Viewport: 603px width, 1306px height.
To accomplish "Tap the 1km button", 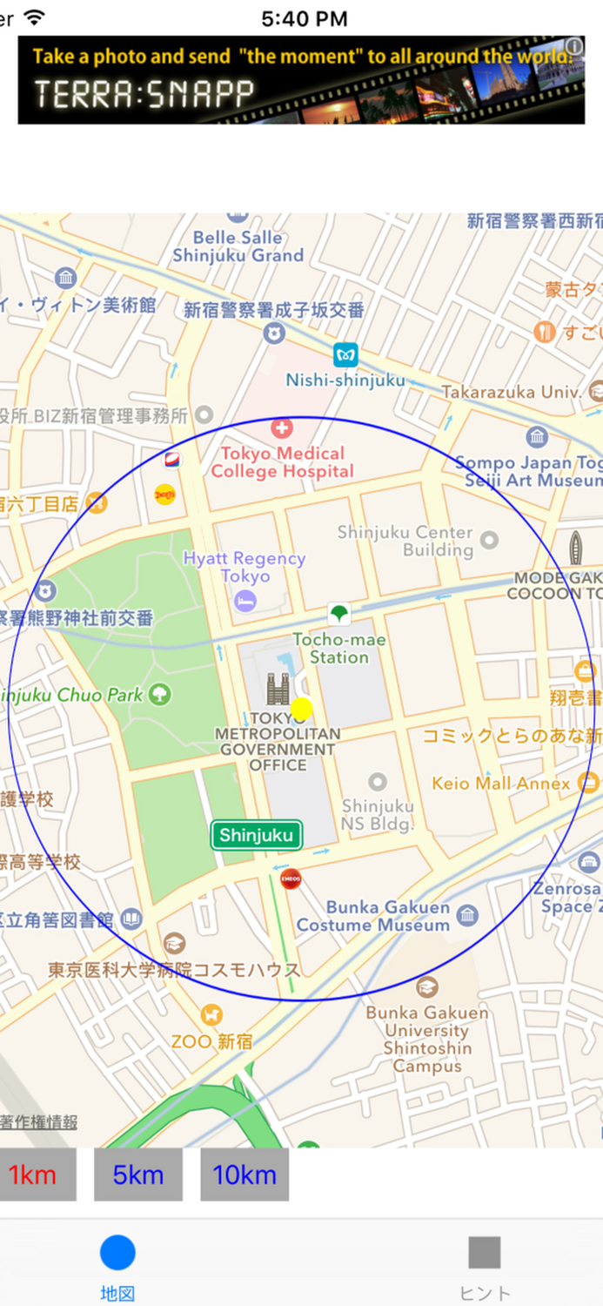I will click(x=33, y=1175).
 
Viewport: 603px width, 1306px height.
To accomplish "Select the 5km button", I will click(x=138, y=1175).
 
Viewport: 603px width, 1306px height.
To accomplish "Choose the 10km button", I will click(x=245, y=1175).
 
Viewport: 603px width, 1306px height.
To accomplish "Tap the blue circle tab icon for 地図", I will click(x=117, y=1253).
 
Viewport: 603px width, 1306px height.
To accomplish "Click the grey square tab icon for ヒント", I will click(x=485, y=1253).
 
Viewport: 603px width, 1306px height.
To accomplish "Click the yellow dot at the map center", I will click(x=301, y=709).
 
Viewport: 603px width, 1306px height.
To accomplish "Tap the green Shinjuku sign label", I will click(x=256, y=836).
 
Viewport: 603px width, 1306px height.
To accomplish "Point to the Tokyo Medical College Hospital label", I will click(x=282, y=462).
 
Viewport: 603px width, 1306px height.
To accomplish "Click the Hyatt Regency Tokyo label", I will click(x=245, y=567).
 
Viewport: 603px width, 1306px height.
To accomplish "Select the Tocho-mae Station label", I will click(x=339, y=649).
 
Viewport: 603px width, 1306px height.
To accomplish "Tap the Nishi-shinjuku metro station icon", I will click(x=345, y=355).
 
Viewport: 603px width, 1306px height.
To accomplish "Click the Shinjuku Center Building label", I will click(x=405, y=541).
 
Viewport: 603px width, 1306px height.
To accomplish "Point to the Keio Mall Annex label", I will click(x=501, y=784).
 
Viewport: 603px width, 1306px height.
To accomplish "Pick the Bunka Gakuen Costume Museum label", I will click(x=373, y=916).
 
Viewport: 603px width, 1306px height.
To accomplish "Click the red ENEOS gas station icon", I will click(x=291, y=879).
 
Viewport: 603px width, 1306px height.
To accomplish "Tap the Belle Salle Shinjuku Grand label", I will click(x=238, y=246).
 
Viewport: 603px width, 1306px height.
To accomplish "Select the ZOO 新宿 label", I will click(x=212, y=1041).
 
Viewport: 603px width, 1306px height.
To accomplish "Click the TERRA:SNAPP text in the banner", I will click(x=144, y=94).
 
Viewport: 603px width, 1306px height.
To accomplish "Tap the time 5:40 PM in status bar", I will click(x=304, y=18).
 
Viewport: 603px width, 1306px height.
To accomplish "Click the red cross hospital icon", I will click(x=282, y=428).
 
